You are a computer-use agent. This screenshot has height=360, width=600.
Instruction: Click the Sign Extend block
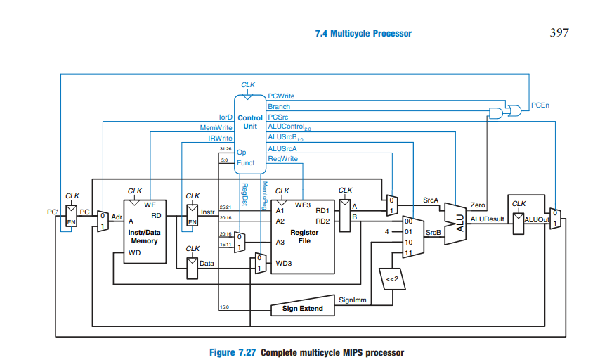coord(302,309)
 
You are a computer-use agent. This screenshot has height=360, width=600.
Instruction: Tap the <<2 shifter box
coord(391,279)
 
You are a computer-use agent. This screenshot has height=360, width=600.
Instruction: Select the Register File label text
coord(304,236)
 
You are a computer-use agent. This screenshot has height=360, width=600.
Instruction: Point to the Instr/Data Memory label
coord(143,236)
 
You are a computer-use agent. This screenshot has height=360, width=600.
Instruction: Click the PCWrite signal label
coord(281,96)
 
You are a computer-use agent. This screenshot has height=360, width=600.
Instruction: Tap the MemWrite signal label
coord(216,128)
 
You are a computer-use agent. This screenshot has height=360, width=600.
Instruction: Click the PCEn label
coord(540,105)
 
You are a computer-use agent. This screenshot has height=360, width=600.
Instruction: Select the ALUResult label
coord(488,219)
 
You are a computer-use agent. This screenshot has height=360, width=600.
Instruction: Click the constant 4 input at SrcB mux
coord(386,231)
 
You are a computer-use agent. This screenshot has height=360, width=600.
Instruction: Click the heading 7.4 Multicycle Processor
coord(364,33)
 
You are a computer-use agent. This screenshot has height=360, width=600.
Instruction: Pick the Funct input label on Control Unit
coord(246,163)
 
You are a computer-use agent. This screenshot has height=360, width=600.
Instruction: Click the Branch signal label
coord(279,107)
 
